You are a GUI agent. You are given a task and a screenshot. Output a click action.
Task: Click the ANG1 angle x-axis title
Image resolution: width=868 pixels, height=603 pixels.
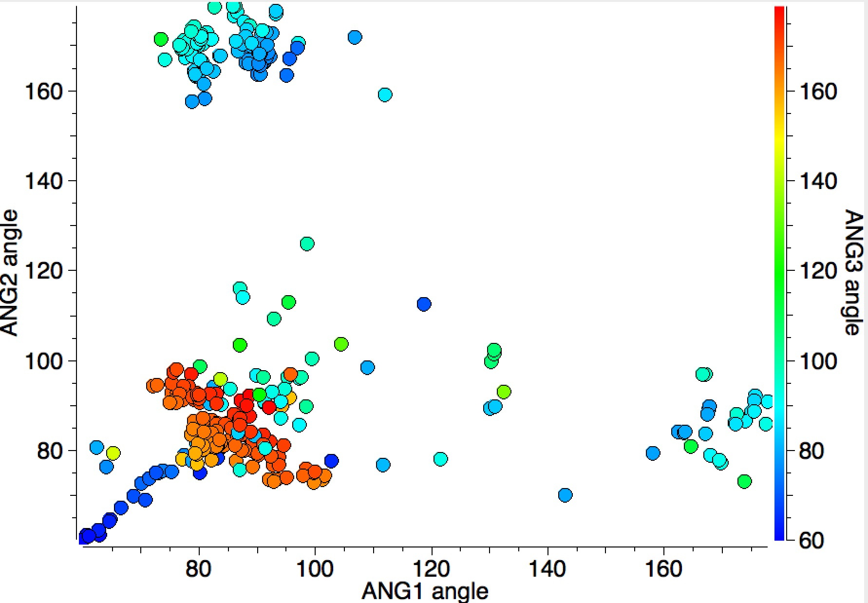[x=425, y=591]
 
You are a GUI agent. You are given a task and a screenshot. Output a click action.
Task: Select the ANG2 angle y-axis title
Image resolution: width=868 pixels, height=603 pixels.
[x=10, y=273]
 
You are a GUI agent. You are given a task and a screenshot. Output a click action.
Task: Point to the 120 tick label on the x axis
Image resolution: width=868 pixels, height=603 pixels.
[x=432, y=568]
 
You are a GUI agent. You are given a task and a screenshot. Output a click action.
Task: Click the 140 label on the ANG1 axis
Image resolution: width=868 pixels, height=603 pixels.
[x=548, y=568]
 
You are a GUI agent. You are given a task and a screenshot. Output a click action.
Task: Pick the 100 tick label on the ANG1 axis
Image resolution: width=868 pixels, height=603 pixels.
[x=315, y=568]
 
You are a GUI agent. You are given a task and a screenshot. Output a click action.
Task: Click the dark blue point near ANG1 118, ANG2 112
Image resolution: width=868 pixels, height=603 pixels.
[x=424, y=304]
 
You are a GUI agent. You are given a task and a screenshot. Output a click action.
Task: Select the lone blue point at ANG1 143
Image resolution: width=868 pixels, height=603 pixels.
[x=565, y=495]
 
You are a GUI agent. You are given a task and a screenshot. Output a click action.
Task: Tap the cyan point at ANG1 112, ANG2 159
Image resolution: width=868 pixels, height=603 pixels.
[x=385, y=94]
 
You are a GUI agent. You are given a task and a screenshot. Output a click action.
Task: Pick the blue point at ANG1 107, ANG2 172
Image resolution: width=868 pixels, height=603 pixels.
[x=355, y=37]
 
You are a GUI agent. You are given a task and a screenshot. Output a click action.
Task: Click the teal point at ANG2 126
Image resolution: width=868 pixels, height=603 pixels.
[x=307, y=244]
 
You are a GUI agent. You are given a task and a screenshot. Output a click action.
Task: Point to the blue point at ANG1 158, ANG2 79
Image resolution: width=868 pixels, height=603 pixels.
[x=653, y=453]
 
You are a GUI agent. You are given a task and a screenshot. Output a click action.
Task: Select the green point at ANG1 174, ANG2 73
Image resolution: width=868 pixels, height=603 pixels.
[x=744, y=481]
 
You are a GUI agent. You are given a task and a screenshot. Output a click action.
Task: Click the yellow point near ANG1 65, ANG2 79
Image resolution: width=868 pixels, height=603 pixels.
[x=113, y=453]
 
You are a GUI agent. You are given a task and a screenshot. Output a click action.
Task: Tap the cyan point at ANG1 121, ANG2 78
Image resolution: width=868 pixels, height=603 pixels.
[x=440, y=458]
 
